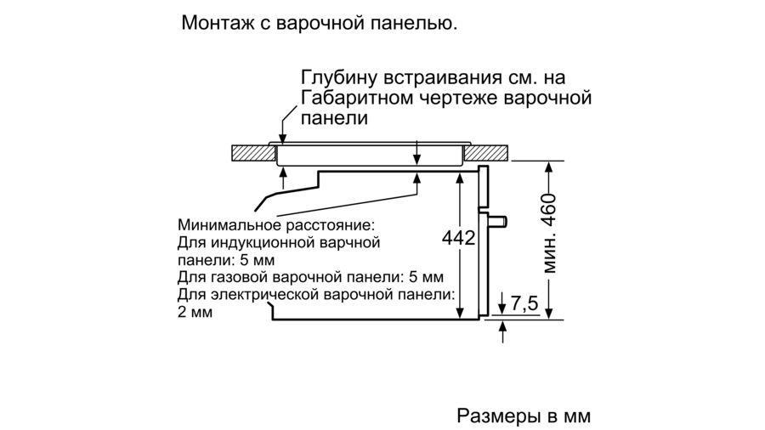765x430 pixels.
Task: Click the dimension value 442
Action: tap(458, 238)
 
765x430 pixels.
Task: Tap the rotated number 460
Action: tap(549, 210)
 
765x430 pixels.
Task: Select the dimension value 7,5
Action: tap(524, 303)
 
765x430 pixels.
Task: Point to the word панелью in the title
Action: tap(414, 24)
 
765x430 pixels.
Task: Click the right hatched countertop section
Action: tap(485, 153)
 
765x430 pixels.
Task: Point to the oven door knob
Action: tap(498, 222)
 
